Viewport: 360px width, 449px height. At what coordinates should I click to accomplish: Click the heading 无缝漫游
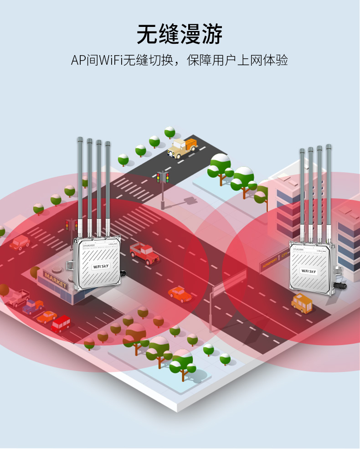point(180,34)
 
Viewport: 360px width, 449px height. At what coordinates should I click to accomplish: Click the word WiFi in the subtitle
point(111,60)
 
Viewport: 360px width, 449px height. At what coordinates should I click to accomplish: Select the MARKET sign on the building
point(55,279)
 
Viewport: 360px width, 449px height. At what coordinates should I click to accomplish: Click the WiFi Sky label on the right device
point(309,271)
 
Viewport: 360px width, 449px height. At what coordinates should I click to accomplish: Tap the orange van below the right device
point(302,302)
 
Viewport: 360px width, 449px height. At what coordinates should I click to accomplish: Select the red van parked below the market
point(61,323)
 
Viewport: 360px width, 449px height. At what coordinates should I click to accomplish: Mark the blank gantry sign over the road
point(230,282)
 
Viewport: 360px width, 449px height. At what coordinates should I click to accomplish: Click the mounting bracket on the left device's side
point(69,264)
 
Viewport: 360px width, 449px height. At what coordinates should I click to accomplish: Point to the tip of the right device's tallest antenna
point(328,147)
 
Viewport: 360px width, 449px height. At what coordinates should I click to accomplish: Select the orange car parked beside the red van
point(47,316)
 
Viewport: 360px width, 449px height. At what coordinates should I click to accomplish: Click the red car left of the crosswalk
point(20,242)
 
